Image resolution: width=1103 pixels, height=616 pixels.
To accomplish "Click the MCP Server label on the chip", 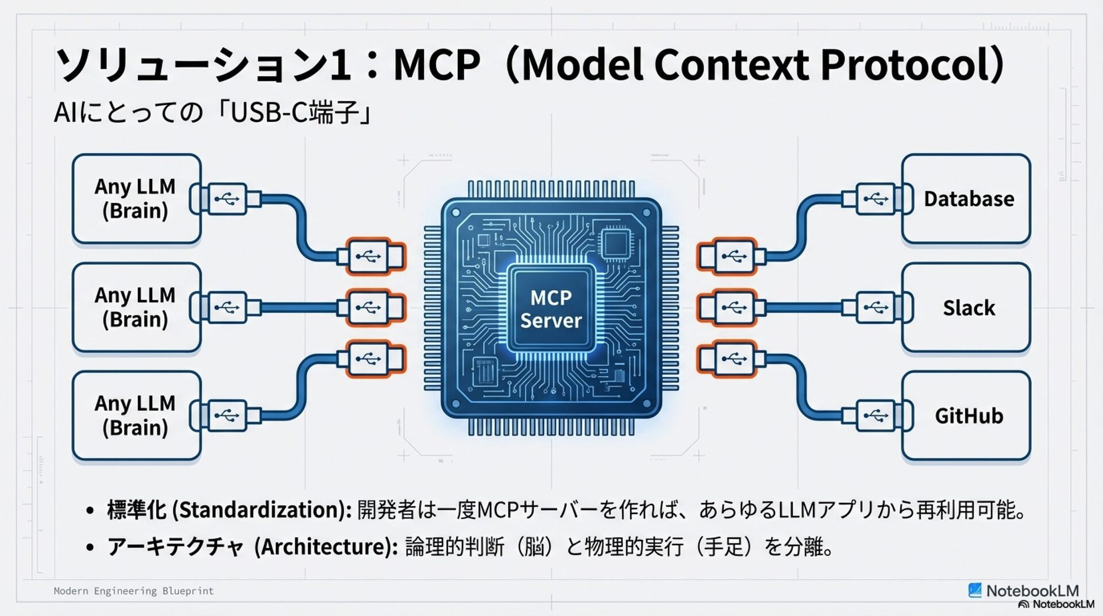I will point(551,309).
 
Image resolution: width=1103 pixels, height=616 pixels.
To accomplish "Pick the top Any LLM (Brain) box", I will point(137,199).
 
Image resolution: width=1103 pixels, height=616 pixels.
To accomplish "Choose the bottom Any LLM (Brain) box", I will point(137,415).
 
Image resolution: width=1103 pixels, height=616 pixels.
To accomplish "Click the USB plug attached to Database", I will point(876,199).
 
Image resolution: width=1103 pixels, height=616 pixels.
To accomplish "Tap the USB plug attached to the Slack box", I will point(876,307).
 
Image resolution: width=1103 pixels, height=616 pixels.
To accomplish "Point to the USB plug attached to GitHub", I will point(876,415).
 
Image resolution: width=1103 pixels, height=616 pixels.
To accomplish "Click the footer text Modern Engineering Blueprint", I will point(133,591).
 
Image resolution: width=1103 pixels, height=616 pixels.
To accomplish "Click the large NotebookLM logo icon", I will point(975,590).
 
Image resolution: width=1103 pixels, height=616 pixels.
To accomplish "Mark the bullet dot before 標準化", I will point(90,510).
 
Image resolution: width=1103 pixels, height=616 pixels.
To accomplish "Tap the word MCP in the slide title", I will point(437,64).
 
